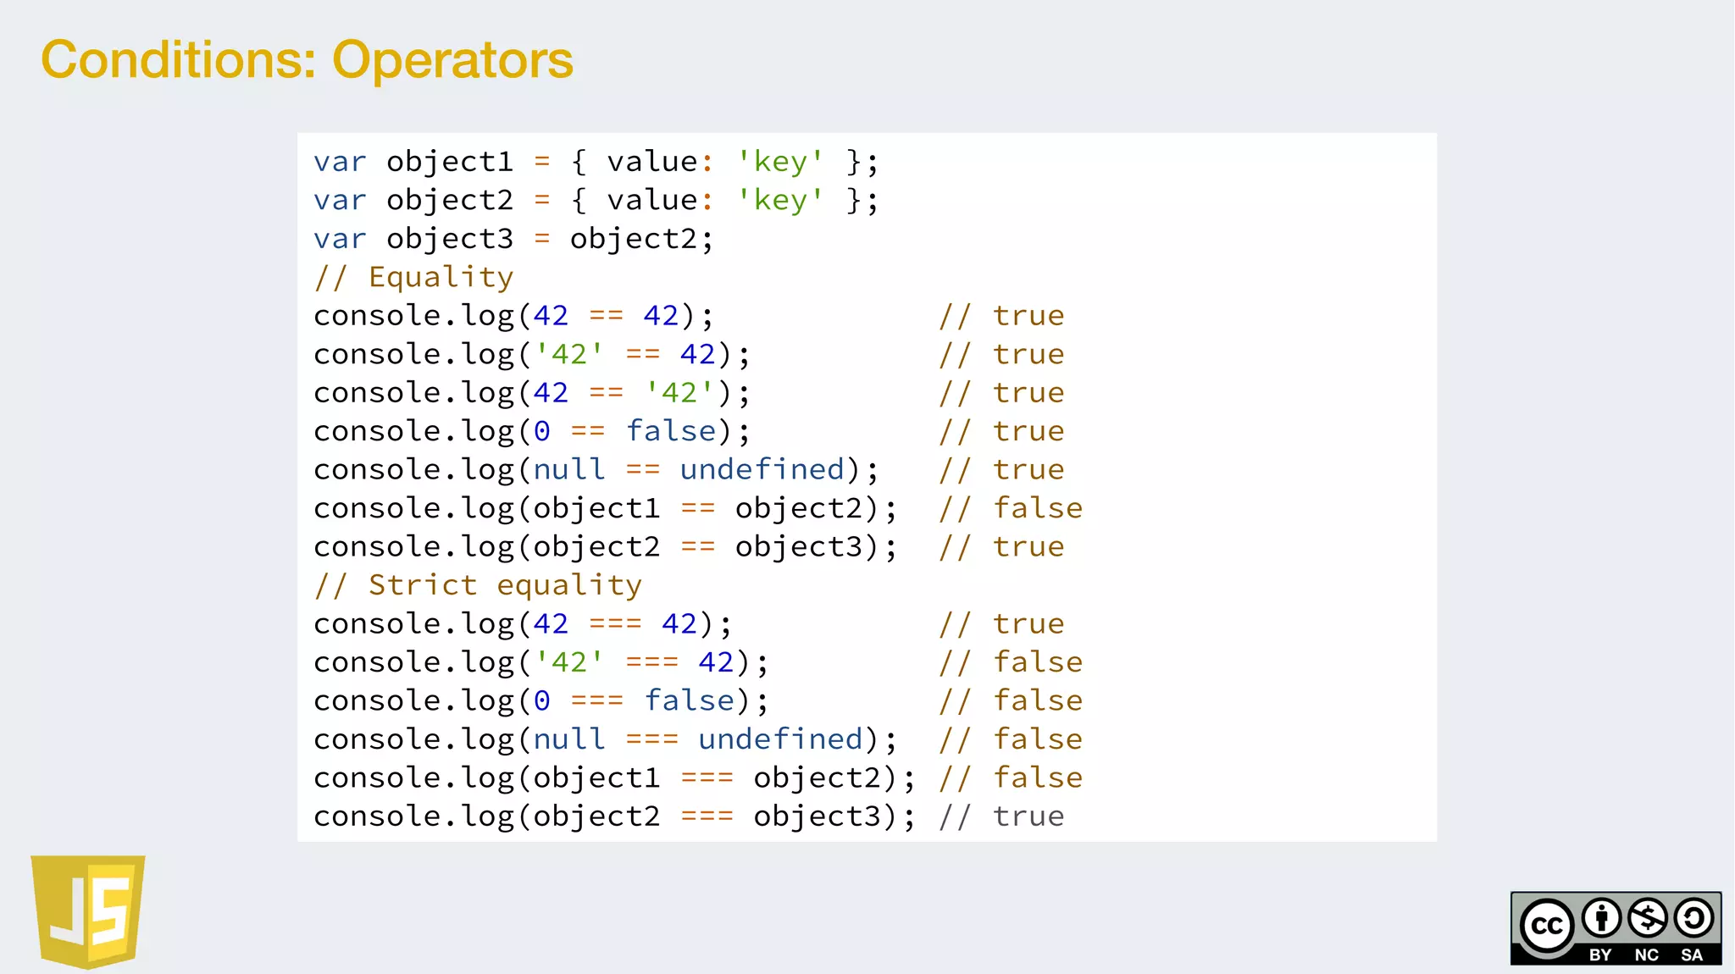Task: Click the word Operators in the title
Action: (452, 61)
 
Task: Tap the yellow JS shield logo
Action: (88, 910)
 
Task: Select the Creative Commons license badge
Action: (1616, 927)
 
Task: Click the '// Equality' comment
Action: (413, 277)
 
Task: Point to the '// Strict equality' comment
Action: (478, 585)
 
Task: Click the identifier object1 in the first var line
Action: (450, 162)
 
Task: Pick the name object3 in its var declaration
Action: (450, 239)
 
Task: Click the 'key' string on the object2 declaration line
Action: (780, 201)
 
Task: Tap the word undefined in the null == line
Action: (762, 470)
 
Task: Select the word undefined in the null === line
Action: (781, 739)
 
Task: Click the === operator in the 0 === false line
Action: (597, 701)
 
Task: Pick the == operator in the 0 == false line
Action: (588, 432)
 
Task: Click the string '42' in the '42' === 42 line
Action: (569, 662)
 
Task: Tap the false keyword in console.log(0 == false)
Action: (671, 432)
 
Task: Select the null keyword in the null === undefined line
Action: (569, 739)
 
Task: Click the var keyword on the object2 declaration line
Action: (340, 201)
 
